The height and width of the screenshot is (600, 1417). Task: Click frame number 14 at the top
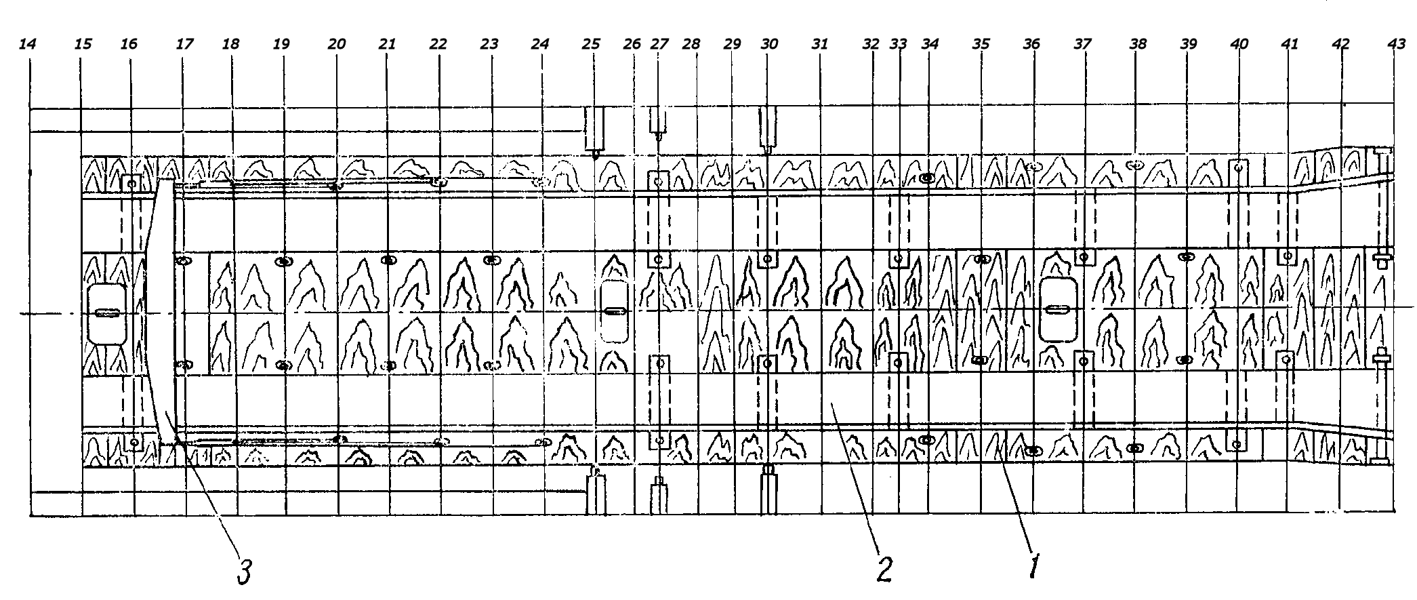point(27,44)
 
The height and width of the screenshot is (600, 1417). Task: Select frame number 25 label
point(591,44)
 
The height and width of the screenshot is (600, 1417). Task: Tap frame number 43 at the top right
point(1397,44)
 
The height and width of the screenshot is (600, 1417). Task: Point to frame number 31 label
point(820,44)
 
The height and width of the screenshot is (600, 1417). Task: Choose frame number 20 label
point(336,44)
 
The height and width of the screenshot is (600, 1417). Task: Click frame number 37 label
point(1083,44)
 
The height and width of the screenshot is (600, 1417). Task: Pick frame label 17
point(184,44)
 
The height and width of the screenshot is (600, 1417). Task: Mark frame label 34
point(930,44)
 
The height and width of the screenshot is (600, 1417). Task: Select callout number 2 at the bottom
point(884,569)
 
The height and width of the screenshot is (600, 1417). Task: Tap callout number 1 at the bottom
point(1034,567)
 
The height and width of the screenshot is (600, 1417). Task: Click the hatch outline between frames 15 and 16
point(107,313)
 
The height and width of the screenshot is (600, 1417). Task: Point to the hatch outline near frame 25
point(614,311)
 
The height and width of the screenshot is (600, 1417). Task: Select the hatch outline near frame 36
point(1058,309)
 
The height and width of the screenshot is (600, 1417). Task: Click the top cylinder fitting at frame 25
point(595,129)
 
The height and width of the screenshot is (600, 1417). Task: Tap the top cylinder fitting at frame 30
point(768,128)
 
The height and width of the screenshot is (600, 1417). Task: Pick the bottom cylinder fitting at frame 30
point(768,489)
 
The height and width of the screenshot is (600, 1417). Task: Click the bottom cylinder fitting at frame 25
point(595,493)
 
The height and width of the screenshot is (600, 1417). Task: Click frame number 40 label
point(1239,44)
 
